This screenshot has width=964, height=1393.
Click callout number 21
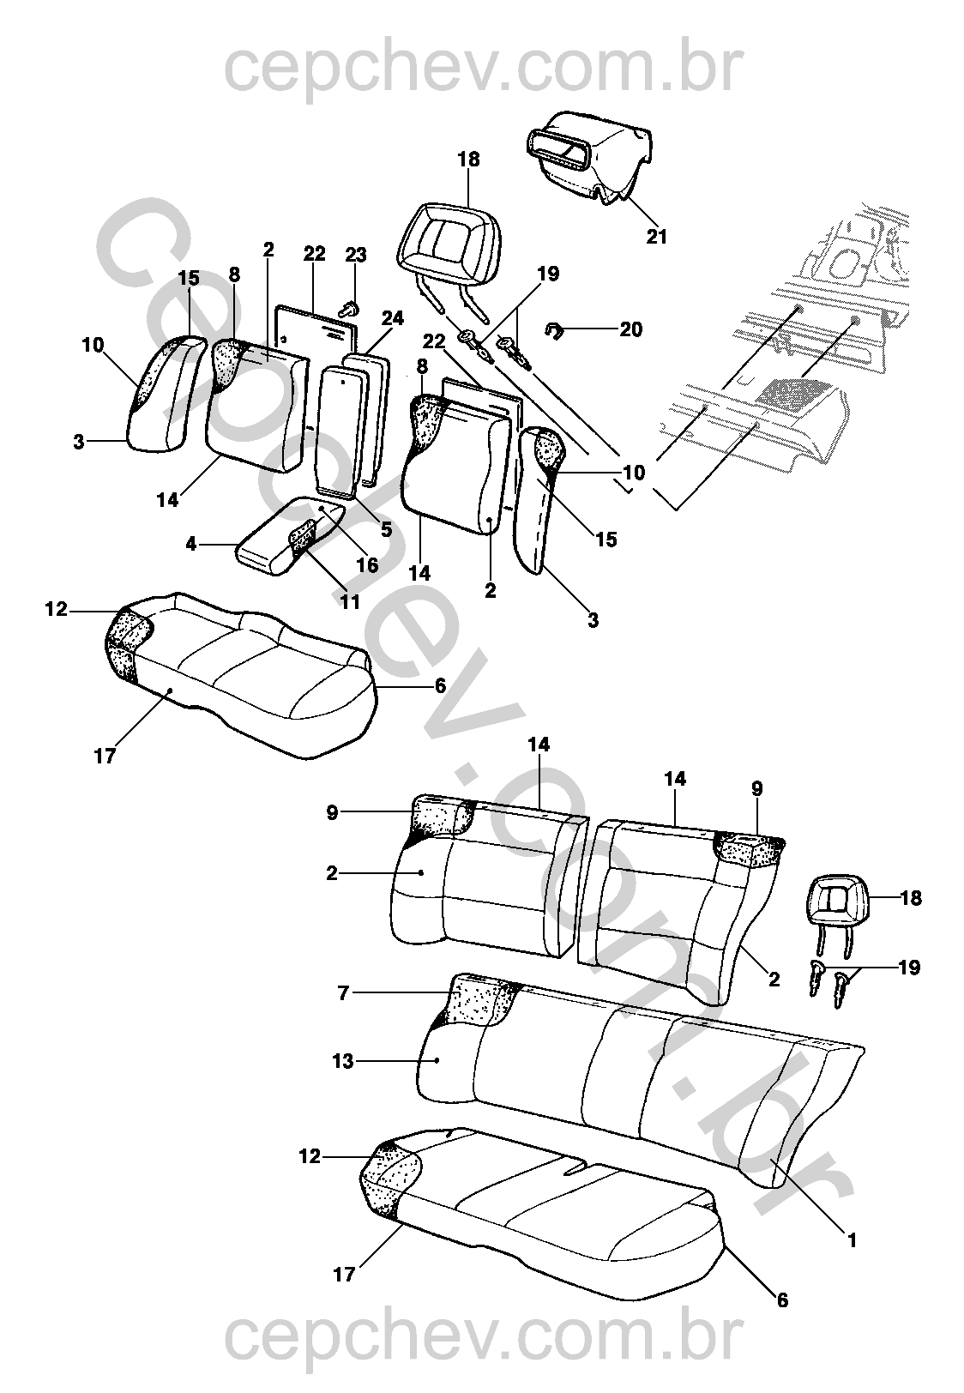click(656, 237)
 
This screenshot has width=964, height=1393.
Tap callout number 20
click(630, 329)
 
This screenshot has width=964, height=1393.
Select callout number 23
click(355, 255)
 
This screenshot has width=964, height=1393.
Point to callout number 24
click(392, 318)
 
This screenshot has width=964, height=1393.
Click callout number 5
click(386, 530)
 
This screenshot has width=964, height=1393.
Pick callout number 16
click(367, 564)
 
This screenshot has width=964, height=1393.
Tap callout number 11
click(349, 601)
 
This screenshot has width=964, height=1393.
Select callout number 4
click(191, 544)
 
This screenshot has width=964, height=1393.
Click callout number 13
click(342, 1061)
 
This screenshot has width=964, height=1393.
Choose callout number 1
click(852, 1239)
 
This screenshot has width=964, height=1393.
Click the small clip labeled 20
click(556, 329)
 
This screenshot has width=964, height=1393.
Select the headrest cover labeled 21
click(592, 154)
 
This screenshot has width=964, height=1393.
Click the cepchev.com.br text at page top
click(480, 69)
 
